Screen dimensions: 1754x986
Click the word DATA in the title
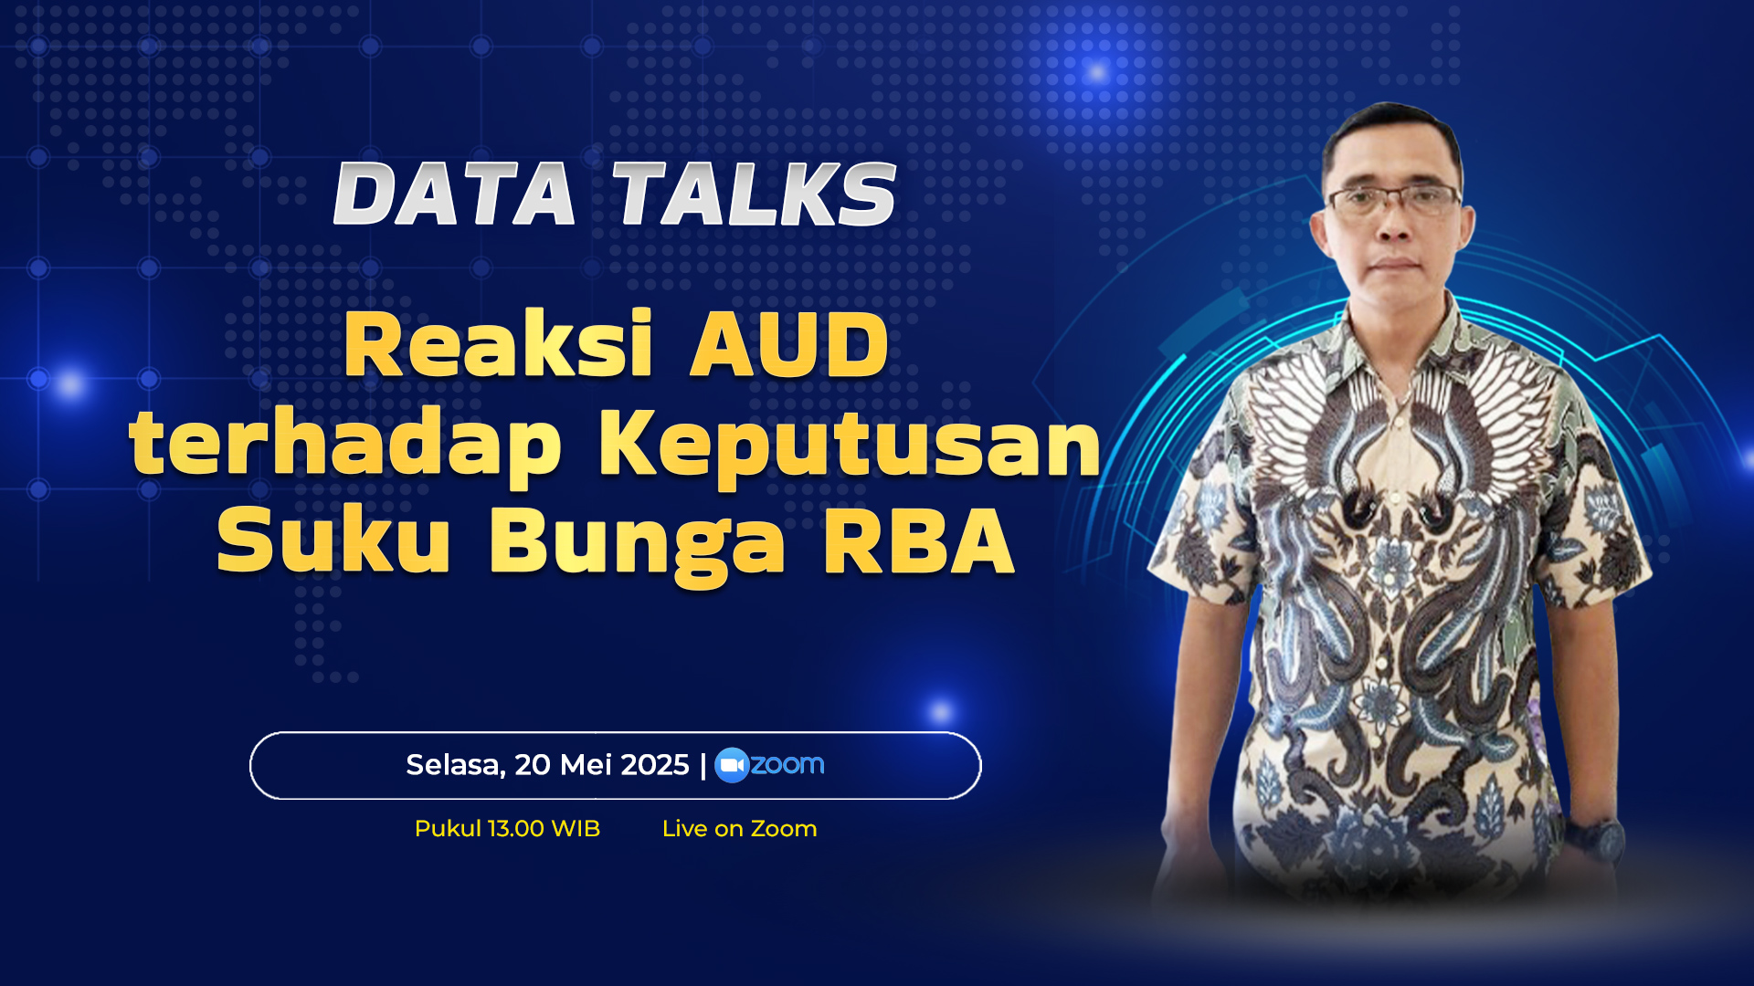coord(454,194)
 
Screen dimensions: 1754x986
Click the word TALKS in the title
coord(755,194)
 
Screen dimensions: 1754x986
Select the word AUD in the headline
coord(789,345)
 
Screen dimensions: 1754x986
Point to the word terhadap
coord(345,446)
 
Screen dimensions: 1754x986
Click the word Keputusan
coord(850,446)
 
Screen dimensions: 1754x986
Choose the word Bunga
coord(638,544)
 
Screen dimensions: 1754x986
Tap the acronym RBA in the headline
coord(919,540)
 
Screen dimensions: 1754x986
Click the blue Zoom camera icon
coord(732,765)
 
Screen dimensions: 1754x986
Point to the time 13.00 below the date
coord(516,829)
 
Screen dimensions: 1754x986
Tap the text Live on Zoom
coord(740,829)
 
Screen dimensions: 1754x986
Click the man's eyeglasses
coord(1394,199)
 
